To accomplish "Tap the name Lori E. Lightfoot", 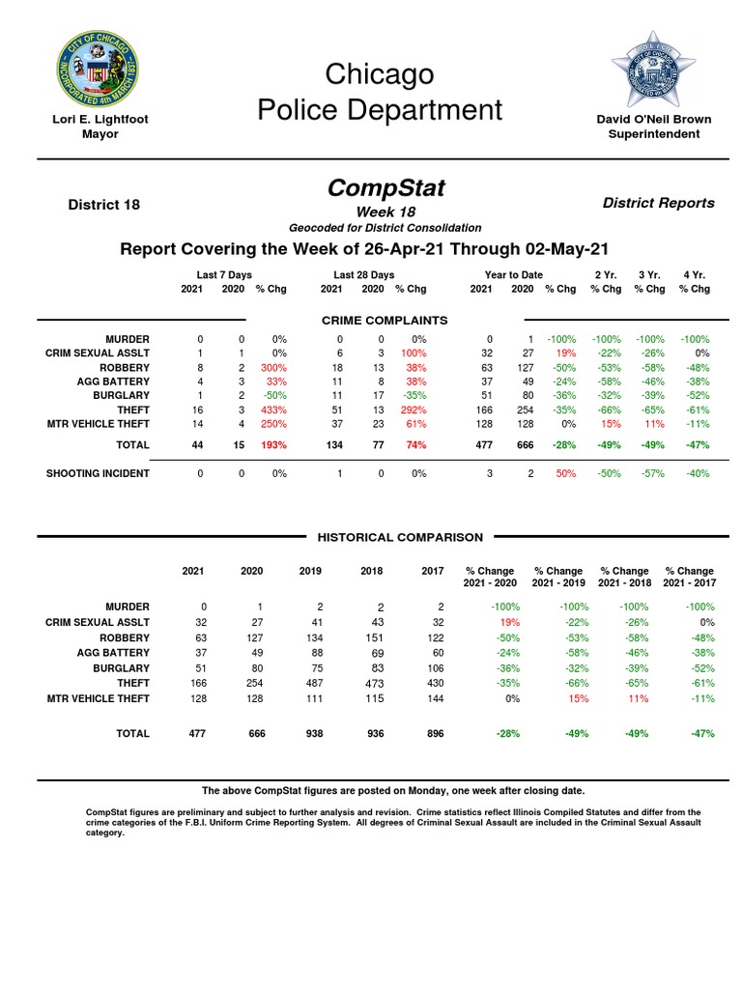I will tap(100, 120).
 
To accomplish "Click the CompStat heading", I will tap(385, 187).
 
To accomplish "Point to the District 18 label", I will tap(103, 205).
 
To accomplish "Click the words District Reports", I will tap(658, 203).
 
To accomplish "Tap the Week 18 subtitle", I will tap(385, 212).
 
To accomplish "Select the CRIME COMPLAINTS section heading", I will tap(384, 320).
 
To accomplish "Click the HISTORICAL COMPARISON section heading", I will tap(400, 537).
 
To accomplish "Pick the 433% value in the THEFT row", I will tap(272, 410).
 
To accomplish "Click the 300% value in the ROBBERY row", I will tap(272, 368).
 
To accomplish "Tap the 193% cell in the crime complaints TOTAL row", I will tap(272, 444).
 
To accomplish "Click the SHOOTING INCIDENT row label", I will tap(99, 473).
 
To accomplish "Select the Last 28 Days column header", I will tap(363, 275).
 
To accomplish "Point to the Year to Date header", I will tap(513, 275).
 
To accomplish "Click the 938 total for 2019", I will tap(310, 734).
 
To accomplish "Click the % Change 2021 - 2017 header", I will tap(689, 577).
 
